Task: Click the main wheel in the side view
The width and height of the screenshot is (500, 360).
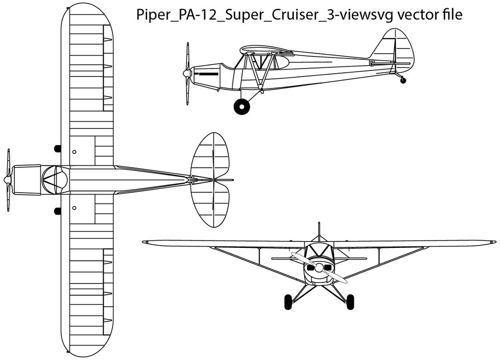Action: tap(242, 107)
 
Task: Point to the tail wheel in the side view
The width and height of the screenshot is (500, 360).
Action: tap(403, 81)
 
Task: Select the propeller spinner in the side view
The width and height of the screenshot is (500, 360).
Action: tap(186, 73)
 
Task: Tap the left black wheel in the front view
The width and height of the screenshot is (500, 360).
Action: tap(288, 302)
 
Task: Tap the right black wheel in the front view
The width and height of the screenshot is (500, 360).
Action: tap(350, 302)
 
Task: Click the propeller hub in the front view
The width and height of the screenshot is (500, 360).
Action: tap(319, 267)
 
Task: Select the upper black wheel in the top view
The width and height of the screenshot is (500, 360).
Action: tap(58, 148)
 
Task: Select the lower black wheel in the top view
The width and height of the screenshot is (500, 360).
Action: tap(58, 211)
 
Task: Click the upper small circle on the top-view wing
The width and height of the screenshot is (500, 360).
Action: tap(75, 152)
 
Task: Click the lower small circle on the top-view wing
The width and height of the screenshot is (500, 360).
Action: tap(75, 208)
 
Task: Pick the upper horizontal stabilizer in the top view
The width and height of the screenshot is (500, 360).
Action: tap(211, 155)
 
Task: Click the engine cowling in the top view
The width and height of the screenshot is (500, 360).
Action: tap(27, 179)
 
